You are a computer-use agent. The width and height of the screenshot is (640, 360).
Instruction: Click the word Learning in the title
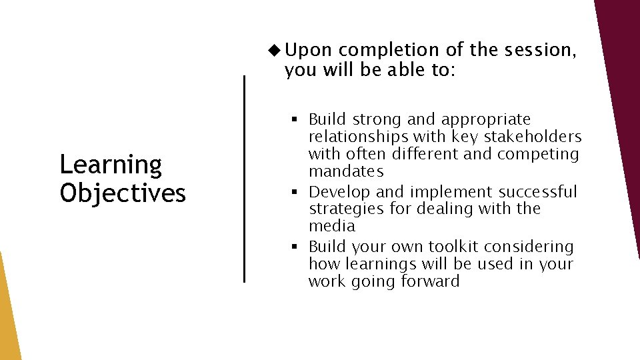click(x=111, y=165)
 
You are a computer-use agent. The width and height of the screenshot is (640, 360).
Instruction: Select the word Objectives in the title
click(x=123, y=193)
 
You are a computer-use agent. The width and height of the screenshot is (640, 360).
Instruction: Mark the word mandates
click(x=346, y=172)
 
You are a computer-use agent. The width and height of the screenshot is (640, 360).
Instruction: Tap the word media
click(x=331, y=227)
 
